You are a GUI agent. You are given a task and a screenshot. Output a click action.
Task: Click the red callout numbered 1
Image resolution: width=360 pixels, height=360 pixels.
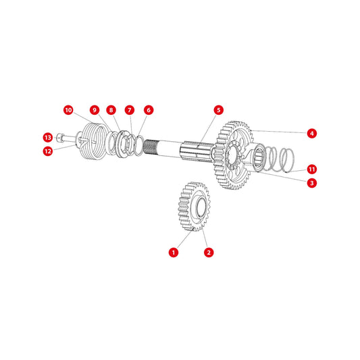pos(174,253)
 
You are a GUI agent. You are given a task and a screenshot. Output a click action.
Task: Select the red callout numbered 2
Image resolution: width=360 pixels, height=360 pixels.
pos(209,253)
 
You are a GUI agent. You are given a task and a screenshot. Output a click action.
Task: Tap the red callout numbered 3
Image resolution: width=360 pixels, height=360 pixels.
pos(312,183)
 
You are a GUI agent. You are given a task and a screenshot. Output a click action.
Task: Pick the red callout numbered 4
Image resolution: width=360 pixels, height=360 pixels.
pos(312,133)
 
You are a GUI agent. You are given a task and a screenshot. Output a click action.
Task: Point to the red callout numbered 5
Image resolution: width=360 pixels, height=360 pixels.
pos(218,110)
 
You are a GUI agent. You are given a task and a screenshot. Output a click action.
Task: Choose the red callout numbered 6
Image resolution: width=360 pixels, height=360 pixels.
pos(149,110)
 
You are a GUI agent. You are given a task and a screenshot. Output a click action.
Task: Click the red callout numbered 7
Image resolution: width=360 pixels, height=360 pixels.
pos(130,110)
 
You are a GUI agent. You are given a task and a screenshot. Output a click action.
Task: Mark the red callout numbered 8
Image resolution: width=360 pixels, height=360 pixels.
pos(111,110)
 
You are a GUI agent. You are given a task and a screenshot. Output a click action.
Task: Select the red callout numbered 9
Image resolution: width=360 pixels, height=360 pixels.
pos(95,110)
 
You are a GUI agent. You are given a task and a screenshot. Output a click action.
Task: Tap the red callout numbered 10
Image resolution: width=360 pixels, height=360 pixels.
pos(68,110)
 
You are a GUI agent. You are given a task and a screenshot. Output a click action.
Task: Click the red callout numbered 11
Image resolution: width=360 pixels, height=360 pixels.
pos(312,170)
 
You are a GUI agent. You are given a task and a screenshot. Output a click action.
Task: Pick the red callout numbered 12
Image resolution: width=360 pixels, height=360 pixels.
pos(48,151)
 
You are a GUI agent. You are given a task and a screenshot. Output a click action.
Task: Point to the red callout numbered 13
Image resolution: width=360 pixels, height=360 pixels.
pos(48,138)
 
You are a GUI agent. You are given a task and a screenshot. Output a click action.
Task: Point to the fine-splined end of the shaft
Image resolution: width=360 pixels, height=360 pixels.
pos(150,147)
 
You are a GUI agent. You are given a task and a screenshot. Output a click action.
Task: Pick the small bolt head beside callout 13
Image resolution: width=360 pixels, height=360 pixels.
pos(59,138)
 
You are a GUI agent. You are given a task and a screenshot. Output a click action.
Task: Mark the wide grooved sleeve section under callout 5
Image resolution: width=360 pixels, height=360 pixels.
pos(197,151)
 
